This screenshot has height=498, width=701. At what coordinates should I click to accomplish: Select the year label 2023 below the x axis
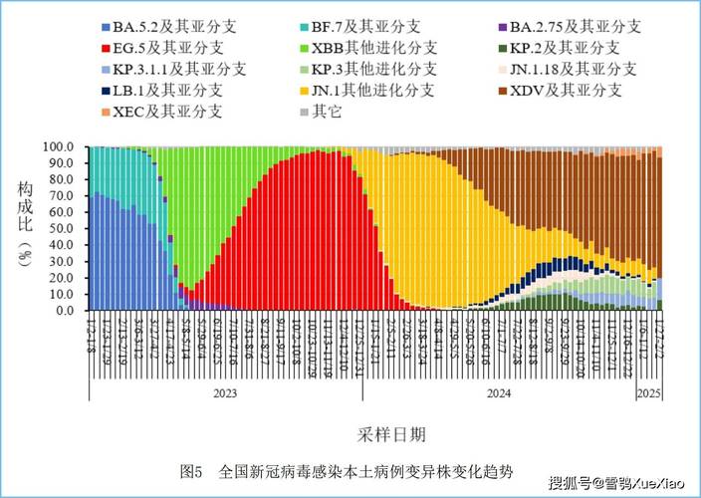click(x=225, y=393)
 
